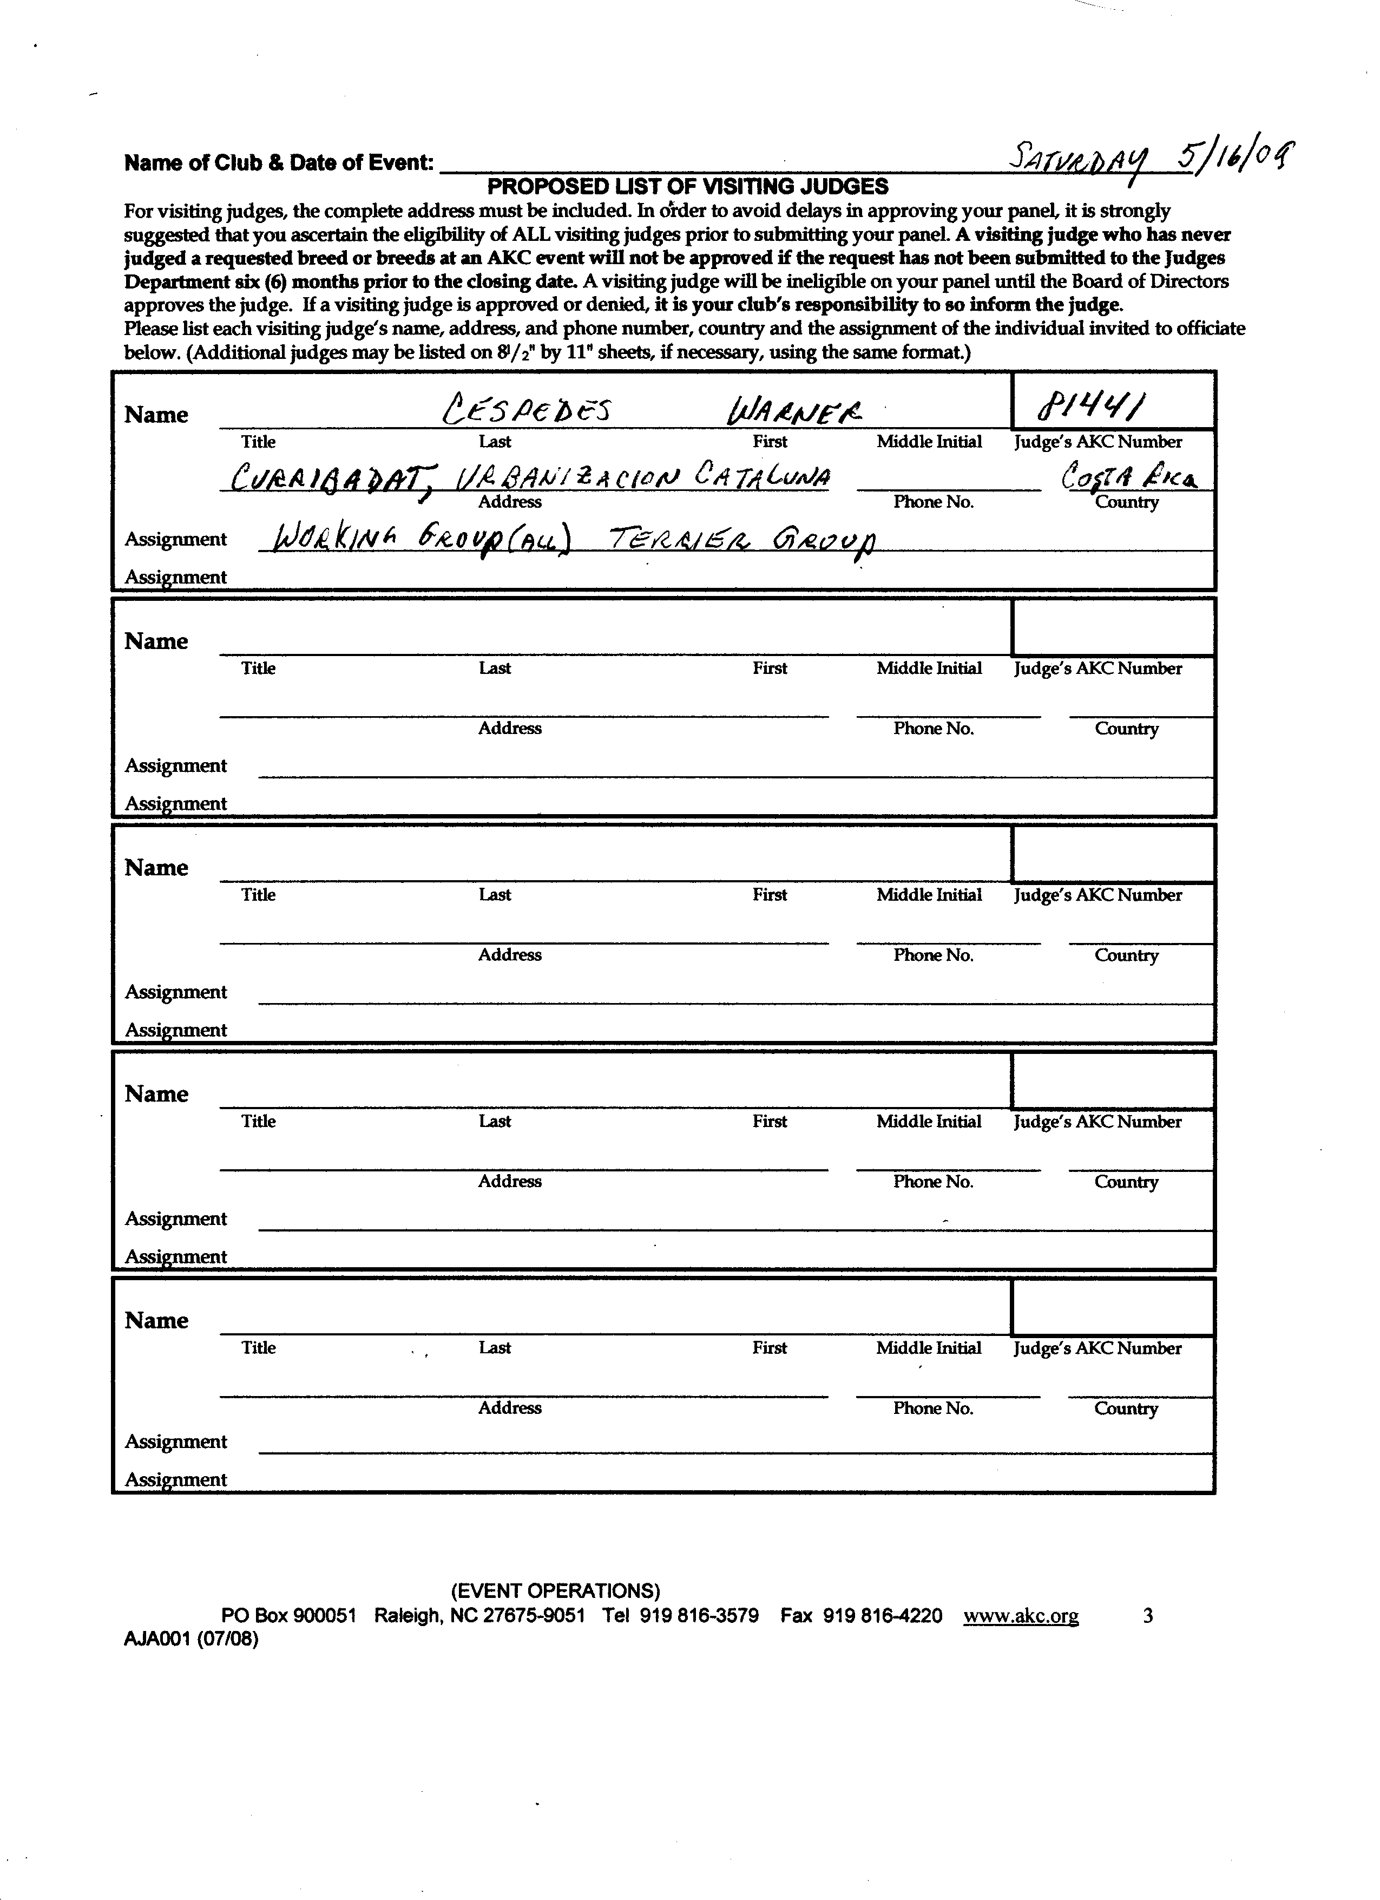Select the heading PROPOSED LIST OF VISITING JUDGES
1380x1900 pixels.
[x=687, y=186]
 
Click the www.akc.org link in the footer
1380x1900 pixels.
[x=1021, y=1615]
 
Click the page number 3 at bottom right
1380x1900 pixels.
[x=1147, y=1615]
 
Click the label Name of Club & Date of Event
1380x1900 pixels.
[x=279, y=162]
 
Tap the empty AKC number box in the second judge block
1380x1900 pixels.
[x=1113, y=627]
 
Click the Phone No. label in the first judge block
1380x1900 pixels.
[x=934, y=502]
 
